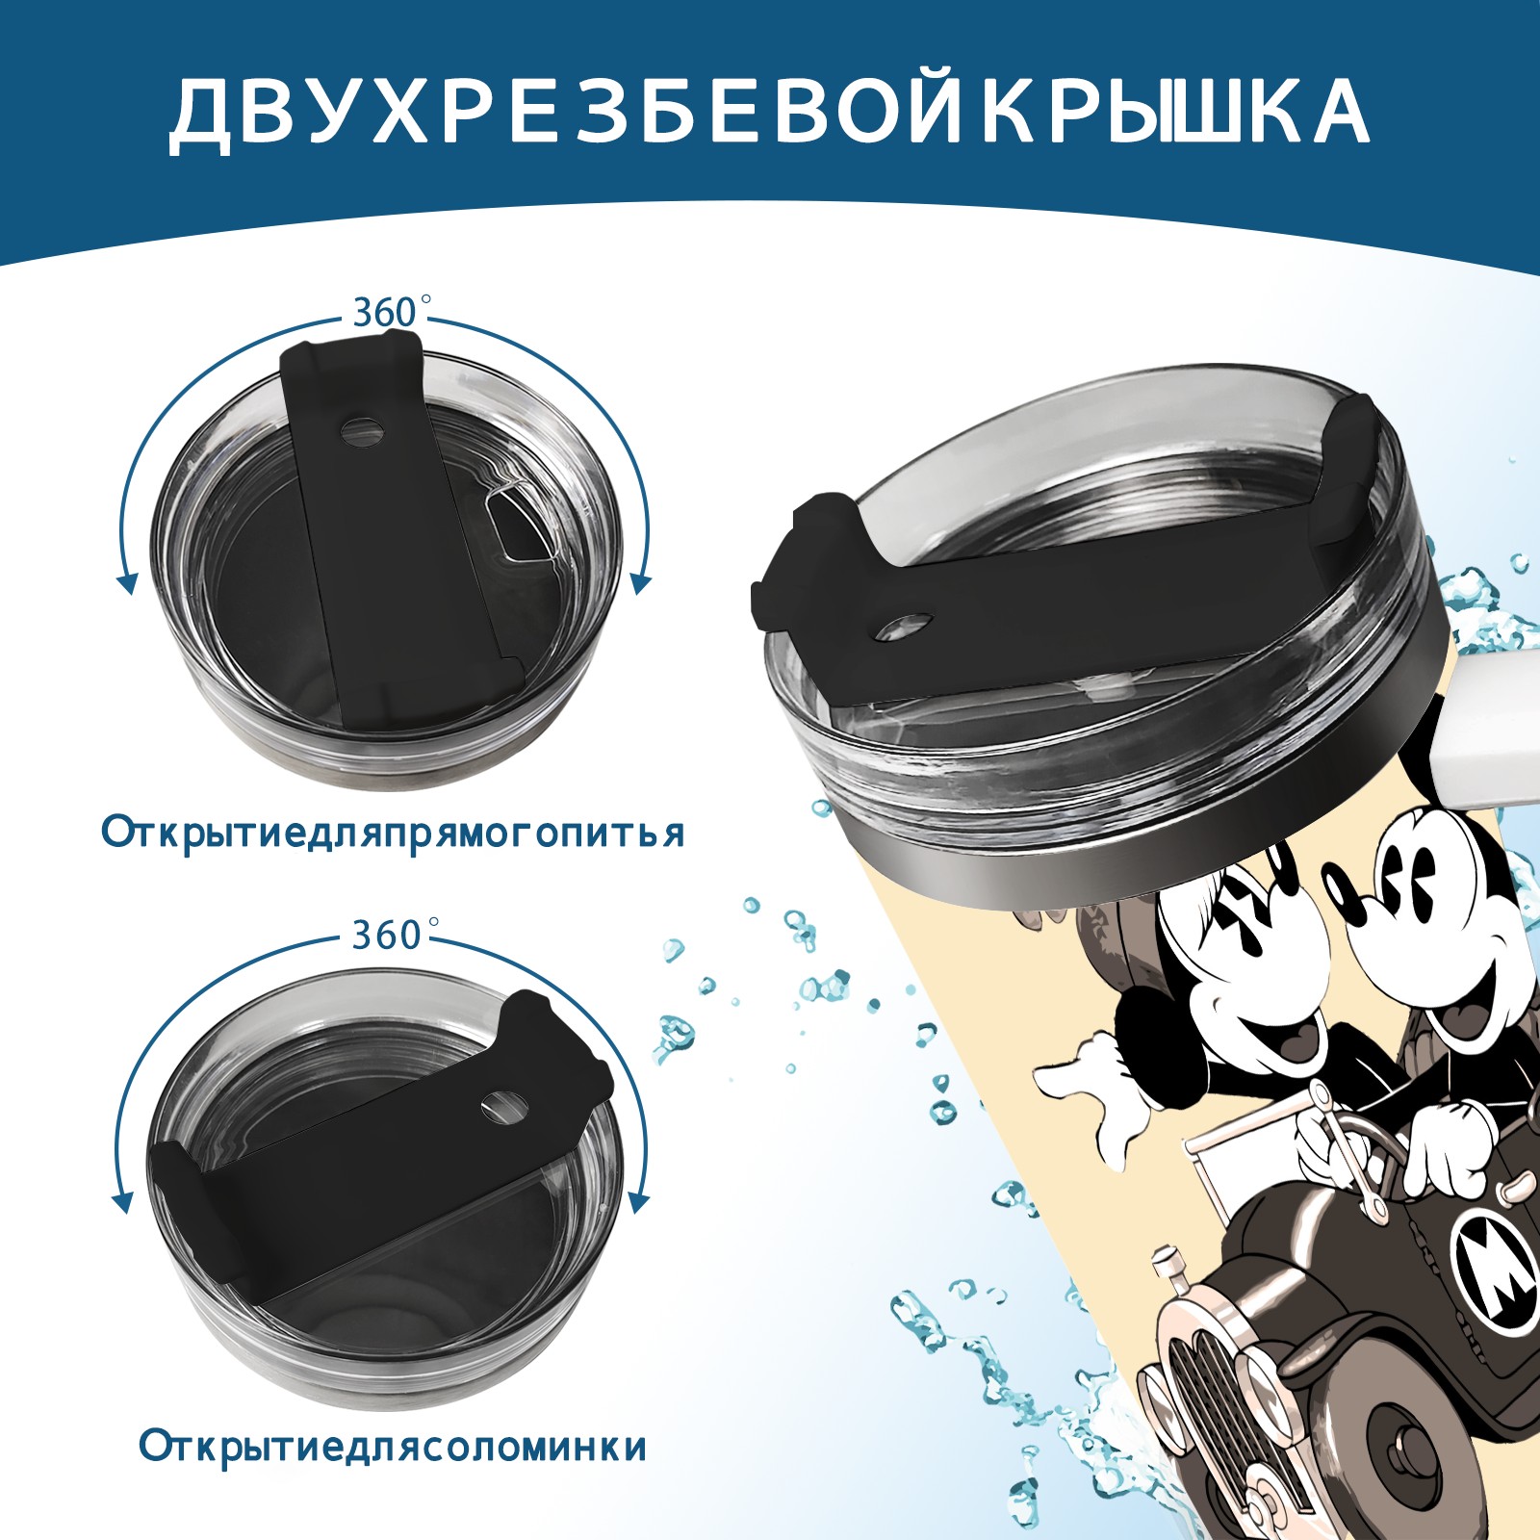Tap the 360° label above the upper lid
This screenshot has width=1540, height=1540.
point(388,314)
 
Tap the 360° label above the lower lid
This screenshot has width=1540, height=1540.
point(388,935)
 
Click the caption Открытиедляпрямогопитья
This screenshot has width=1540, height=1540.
point(393,833)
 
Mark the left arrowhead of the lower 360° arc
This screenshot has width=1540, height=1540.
point(123,1200)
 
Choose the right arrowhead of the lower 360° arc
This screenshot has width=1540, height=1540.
point(637,1200)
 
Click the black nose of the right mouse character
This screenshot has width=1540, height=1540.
point(1340,890)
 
